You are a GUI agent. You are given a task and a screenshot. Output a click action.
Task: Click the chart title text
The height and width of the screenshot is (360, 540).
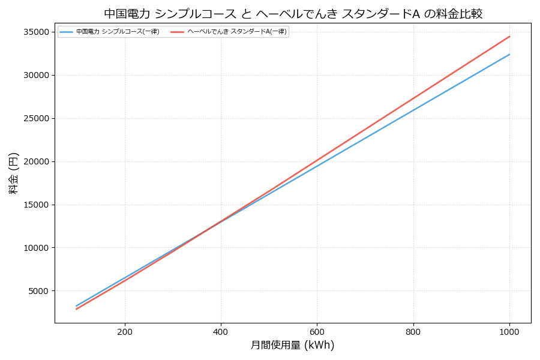[293, 14]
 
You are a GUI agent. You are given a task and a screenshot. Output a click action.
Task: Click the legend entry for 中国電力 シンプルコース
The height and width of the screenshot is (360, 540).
[118, 32]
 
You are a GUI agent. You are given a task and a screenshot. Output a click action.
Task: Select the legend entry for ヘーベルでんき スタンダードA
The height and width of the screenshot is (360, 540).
[237, 32]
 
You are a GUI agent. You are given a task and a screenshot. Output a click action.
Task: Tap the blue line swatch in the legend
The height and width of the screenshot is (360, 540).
[67, 32]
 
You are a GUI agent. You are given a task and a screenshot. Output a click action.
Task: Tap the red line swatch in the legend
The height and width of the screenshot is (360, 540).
[178, 32]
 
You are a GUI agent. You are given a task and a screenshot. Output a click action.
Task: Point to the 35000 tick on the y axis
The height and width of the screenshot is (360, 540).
[37, 32]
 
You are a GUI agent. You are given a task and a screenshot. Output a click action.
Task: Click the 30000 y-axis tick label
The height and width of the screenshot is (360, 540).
[37, 75]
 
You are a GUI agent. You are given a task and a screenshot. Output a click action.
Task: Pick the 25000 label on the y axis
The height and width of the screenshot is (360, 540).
[37, 118]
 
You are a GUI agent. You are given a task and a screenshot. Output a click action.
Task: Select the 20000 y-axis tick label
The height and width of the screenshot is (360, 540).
[37, 161]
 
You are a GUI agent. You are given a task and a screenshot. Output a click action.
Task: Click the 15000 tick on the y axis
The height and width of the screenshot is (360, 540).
[37, 205]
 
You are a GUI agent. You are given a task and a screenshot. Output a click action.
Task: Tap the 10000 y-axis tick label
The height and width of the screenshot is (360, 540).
[37, 248]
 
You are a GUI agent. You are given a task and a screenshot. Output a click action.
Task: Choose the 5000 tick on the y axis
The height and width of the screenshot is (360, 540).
[40, 291]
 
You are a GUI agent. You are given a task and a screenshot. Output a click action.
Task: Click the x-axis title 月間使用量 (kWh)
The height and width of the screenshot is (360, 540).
[293, 346]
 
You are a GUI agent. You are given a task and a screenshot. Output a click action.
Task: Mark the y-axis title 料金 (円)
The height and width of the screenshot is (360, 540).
[14, 173]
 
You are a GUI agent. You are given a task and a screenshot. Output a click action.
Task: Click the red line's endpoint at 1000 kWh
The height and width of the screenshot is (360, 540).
[509, 37]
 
